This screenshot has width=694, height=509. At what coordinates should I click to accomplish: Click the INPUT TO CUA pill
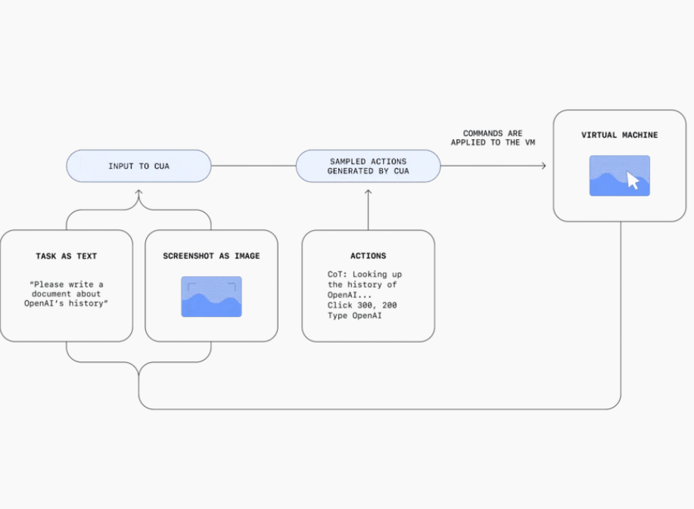[138, 166]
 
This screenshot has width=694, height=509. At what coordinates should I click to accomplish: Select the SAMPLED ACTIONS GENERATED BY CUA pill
[369, 166]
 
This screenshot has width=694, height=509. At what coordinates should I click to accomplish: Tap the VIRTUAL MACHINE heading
[619, 135]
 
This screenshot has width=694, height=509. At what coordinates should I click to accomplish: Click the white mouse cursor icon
[633, 181]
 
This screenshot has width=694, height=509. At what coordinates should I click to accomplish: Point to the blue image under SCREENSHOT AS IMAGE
[211, 296]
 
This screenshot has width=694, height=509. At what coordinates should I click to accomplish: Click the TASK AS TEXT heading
[67, 256]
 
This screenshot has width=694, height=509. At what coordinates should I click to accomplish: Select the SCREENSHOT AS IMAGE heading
[211, 256]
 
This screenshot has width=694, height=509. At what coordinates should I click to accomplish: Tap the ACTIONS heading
[369, 256]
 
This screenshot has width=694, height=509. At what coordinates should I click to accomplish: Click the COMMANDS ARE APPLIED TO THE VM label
[493, 138]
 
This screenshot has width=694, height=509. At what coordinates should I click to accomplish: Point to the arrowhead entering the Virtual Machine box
[544, 166]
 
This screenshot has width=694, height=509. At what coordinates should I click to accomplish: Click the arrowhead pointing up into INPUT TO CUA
[138, 192]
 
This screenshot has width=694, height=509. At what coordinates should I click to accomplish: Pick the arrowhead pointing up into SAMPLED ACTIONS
[369, 192]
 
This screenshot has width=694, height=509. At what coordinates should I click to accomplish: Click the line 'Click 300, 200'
[362, 305]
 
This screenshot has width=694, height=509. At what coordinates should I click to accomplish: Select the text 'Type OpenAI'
[354, 315]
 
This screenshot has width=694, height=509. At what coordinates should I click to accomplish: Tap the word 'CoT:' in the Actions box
[338, 275]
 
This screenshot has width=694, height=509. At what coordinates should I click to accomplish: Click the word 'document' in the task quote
[51, 293]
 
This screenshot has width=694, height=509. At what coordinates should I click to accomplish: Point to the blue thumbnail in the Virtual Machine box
[620, 175]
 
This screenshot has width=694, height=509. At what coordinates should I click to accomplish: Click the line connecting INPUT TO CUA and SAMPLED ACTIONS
[254, 166]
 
